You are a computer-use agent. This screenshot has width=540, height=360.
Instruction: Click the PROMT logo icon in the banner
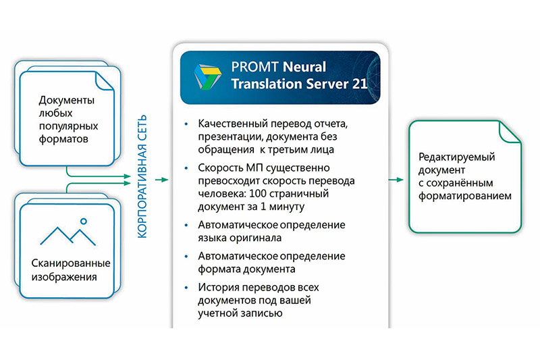click(207, 76)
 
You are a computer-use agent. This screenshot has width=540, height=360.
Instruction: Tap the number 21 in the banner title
click(360, 84)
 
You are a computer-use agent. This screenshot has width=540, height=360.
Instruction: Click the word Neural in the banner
click(304, 67)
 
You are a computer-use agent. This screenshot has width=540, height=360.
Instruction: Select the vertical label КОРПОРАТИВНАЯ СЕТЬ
click(142, 176)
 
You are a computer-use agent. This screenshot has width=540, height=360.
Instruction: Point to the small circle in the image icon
click(83, 221)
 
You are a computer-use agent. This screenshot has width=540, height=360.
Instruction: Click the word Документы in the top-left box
click(66, 100)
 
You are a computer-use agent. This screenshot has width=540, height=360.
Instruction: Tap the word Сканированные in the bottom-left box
click(71, 263)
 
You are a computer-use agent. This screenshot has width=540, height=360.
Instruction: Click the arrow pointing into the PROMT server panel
click(161, 180)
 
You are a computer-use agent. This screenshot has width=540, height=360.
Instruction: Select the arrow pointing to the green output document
click(396, 180)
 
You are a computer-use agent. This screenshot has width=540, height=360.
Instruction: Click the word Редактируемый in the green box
click(457, 157)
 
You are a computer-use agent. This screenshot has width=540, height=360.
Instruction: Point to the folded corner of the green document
click(510, 131)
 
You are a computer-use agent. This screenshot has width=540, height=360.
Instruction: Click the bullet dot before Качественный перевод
click(187, 124)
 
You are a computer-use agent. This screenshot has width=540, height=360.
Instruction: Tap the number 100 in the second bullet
click(258, 193)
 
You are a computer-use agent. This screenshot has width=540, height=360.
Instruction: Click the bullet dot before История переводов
click(187, 287)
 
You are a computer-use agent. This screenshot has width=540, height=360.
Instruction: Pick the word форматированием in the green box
click(465, 196)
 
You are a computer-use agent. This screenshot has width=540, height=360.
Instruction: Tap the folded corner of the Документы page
click(104, 80)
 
